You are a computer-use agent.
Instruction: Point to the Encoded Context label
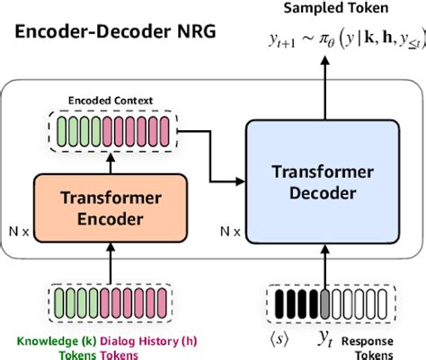pos(110,101)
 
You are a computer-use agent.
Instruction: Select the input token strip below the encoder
pos(111,297)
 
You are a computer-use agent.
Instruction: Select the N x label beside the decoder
pos(231,231)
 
